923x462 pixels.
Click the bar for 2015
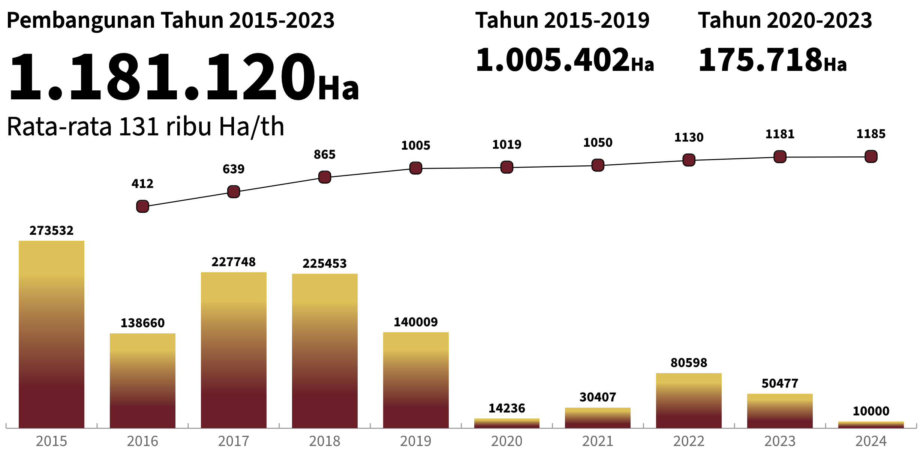[51, 334]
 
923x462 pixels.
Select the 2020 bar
[506, 423]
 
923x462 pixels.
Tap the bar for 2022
[689, 400]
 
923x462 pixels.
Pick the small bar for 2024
[871, 425]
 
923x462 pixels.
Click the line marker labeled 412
[142, 206]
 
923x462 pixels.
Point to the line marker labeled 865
[325, 177]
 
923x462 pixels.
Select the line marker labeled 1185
[871, 156]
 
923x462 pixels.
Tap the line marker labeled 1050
[598, 165]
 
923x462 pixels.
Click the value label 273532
[51, 231]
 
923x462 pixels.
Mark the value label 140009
[415, 322]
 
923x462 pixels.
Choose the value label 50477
[780, 384]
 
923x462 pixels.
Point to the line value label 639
[233, 169]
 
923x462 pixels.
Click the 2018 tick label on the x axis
[325, 441]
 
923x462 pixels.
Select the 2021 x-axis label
[598, 441]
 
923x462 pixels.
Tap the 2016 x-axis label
[142, 441]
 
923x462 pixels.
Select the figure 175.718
[760, 60]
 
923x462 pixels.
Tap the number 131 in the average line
[139, 127]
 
